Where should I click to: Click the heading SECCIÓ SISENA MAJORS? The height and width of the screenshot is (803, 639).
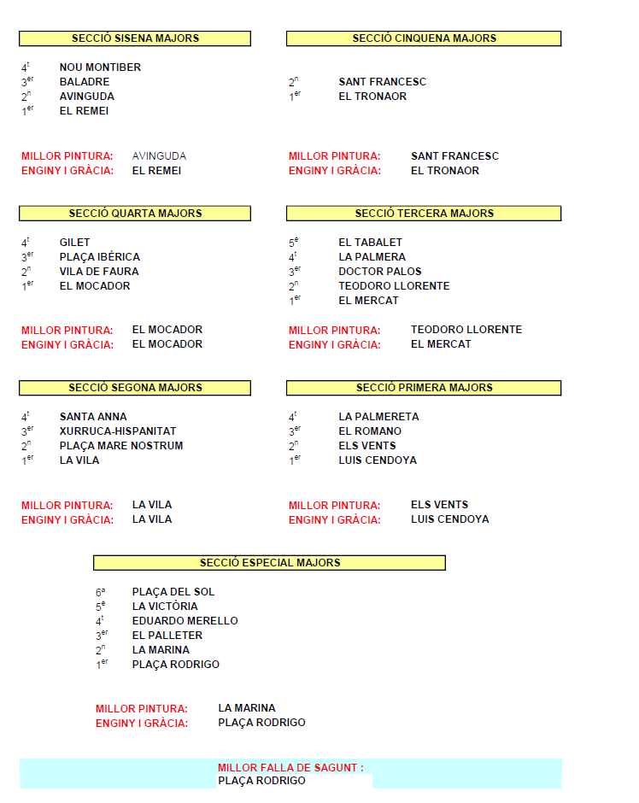135,38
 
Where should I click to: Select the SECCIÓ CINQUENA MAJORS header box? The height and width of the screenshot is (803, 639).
424,38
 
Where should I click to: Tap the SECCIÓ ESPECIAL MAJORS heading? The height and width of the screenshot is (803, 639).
270,563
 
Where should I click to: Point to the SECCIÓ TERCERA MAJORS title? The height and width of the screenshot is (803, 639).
424,214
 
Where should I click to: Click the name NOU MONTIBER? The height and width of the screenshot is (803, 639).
100,67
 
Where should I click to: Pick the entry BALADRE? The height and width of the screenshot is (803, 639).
85,82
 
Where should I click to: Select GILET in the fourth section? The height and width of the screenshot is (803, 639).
74,243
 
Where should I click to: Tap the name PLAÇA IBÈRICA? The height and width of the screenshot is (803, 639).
99,257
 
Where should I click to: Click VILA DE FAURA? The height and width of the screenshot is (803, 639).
99,272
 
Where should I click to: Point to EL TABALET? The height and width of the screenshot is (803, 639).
370,243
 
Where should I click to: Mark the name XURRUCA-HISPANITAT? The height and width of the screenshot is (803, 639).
118,431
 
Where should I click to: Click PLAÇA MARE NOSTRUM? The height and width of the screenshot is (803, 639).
121,446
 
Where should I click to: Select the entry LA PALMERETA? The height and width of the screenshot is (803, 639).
378,417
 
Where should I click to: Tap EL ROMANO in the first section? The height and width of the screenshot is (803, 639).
369,431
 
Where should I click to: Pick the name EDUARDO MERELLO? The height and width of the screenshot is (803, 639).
185,621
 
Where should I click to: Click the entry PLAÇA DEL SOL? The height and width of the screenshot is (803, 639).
173,592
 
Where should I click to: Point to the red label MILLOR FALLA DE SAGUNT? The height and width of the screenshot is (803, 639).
290,768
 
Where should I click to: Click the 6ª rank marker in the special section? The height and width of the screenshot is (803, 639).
101,592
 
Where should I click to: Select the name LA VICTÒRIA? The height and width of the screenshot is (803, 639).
165,607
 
